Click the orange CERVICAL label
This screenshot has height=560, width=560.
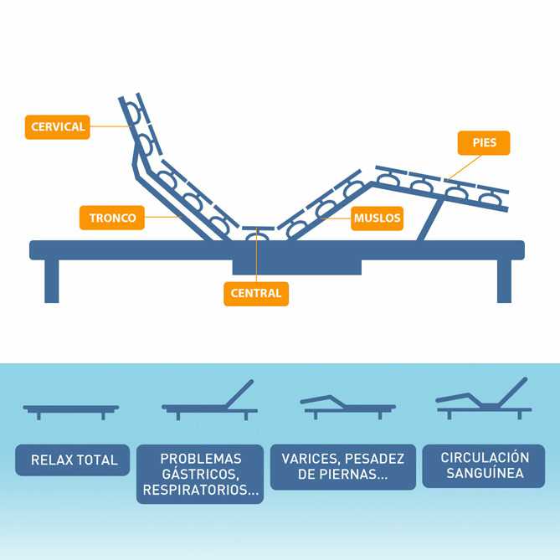click(x=57, y=126)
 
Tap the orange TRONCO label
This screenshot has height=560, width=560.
click(x=112, y=218)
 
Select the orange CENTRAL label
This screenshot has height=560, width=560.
click(x=256, y=294)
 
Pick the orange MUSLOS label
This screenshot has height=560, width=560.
click(x=378, y=218)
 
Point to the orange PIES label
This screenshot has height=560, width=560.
click(x=484, y=142)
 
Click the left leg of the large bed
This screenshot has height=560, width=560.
click(x=52, y=280)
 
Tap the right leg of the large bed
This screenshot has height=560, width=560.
click(x=504, y=280)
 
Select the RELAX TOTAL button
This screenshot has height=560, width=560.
click(x=74, y=460)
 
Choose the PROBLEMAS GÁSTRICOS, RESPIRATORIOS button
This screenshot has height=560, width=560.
click(x=200, y=474)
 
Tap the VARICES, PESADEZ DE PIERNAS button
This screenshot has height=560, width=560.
click(x=343, y=466)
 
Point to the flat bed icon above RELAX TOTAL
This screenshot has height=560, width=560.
click(x=71, y=409)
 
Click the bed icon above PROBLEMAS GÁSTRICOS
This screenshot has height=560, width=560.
click(x=209, y=401)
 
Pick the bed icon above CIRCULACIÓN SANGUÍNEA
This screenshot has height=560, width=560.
click(x=484, y=400)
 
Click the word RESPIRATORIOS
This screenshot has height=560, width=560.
click(x=200, y=491)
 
